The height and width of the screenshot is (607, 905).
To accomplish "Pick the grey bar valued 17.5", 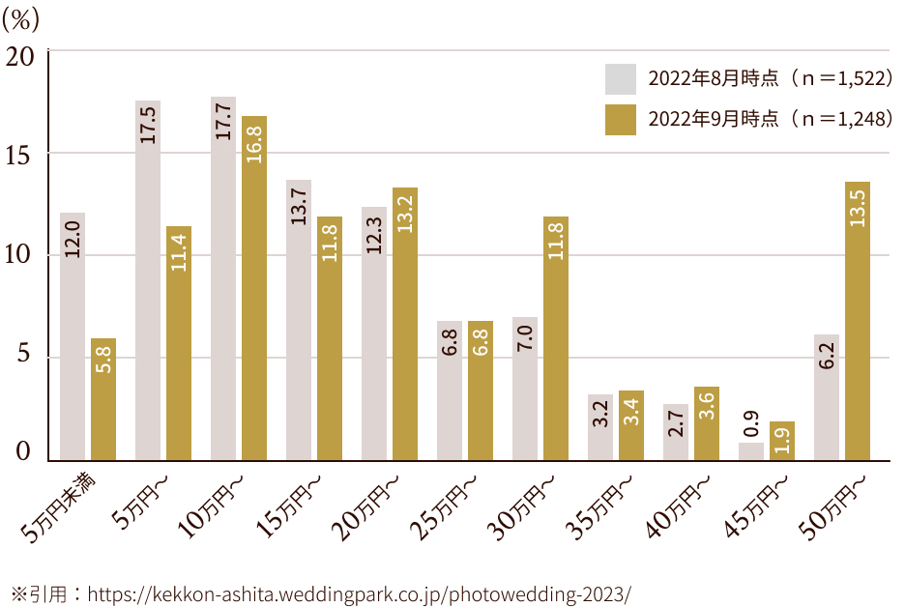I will tap(148, 280).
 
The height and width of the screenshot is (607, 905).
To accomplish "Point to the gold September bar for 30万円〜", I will tap(556, 338).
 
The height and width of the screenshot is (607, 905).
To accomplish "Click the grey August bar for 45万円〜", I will tap(751, 451).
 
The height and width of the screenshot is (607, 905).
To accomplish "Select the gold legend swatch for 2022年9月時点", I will tap(621, 119).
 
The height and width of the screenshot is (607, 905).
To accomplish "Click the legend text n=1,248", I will tap(842, 119).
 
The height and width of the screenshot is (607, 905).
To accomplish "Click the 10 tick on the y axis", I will tap(20, 255).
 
